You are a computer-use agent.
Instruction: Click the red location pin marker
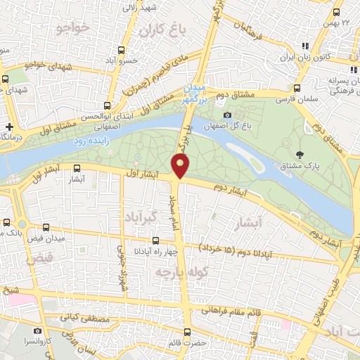[181, 166]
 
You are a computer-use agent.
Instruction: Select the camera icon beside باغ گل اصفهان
[227, 115]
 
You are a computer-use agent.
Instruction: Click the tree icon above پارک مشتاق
[300, 155]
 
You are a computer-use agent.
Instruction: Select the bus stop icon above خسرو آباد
[122, 51]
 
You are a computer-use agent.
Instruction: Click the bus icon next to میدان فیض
[46, 227]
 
